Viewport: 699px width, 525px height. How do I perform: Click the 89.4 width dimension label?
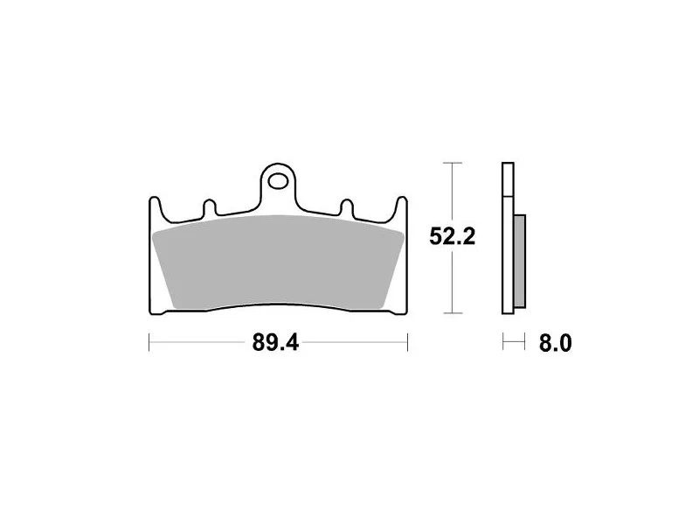275,343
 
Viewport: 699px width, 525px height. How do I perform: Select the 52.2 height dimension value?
452,236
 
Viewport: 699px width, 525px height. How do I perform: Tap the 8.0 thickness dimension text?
555,343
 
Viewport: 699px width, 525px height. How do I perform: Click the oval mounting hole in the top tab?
277,181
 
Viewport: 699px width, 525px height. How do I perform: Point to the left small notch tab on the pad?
210,207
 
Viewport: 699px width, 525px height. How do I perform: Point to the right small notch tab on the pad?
347,207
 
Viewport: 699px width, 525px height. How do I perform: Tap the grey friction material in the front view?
278,262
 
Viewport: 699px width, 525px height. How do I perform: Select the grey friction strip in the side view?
520,261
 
